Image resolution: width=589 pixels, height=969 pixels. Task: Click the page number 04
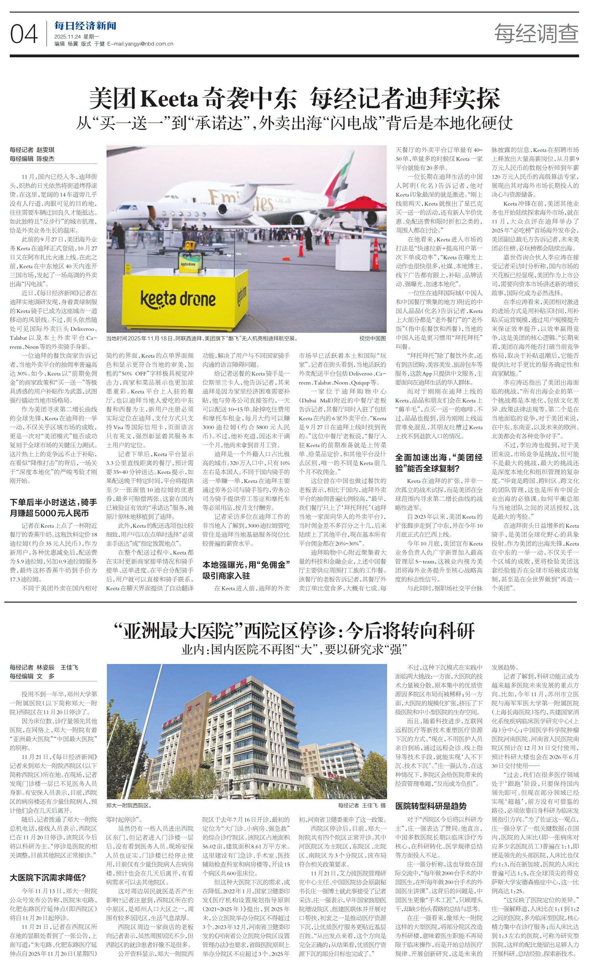24,33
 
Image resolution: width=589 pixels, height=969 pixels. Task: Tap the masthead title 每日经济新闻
85,26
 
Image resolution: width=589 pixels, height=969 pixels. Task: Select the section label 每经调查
536,33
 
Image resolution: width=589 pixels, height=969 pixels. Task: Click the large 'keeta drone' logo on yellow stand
178,299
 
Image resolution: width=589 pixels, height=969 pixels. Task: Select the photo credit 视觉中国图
372,338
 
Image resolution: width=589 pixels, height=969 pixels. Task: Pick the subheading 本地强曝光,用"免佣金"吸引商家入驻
246,569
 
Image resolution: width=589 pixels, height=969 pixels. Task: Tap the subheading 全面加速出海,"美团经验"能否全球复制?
439,462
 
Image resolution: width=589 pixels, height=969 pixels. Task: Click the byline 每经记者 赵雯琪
32,150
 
